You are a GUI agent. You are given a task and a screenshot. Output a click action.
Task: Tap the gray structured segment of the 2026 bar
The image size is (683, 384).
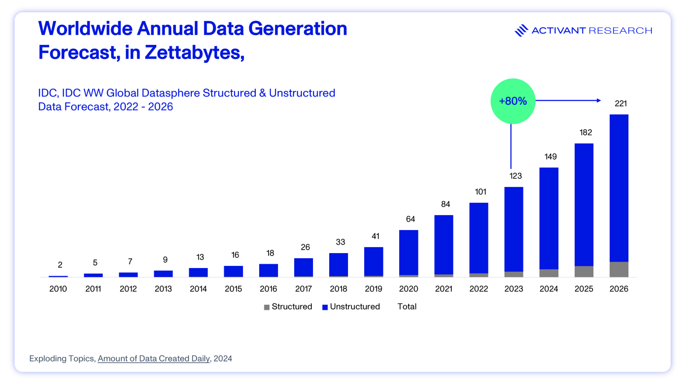pyautogui.click(x=619, y=269)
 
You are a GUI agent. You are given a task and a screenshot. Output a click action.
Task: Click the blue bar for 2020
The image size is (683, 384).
pyautogui.click(x=408, y=252)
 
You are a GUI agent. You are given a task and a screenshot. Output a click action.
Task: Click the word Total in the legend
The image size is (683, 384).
pyautogui.click(x=407, y=307)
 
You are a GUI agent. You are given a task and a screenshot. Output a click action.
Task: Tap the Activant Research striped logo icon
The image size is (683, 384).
pyautogui.click(x=521, y=30)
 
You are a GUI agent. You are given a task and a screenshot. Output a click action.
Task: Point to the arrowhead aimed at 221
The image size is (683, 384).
pyautogui.click(x=598, y=100)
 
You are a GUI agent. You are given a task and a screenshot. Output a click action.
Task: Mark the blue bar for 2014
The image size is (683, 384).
pyautogui.click(x=198, y=272)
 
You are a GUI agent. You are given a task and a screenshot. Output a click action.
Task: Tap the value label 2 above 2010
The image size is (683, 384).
pyautogui.click(x=60, y=265)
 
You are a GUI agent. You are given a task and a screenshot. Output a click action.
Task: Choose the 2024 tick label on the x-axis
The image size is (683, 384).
pyautogui.click(x=549, y=289)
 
